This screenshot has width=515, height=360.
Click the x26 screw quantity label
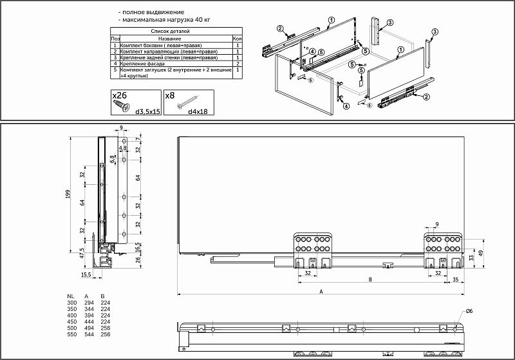120,95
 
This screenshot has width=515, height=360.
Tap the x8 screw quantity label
170,95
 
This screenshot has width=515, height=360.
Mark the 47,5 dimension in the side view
81,252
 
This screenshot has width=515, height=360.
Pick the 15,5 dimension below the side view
86,275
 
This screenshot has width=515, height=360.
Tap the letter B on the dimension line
370,279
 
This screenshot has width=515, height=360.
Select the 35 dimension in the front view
455,279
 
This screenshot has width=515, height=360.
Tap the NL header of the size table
71,296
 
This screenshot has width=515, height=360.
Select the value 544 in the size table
89,335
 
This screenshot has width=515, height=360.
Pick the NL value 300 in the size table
71,302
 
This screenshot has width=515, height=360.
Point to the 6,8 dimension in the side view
112,158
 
